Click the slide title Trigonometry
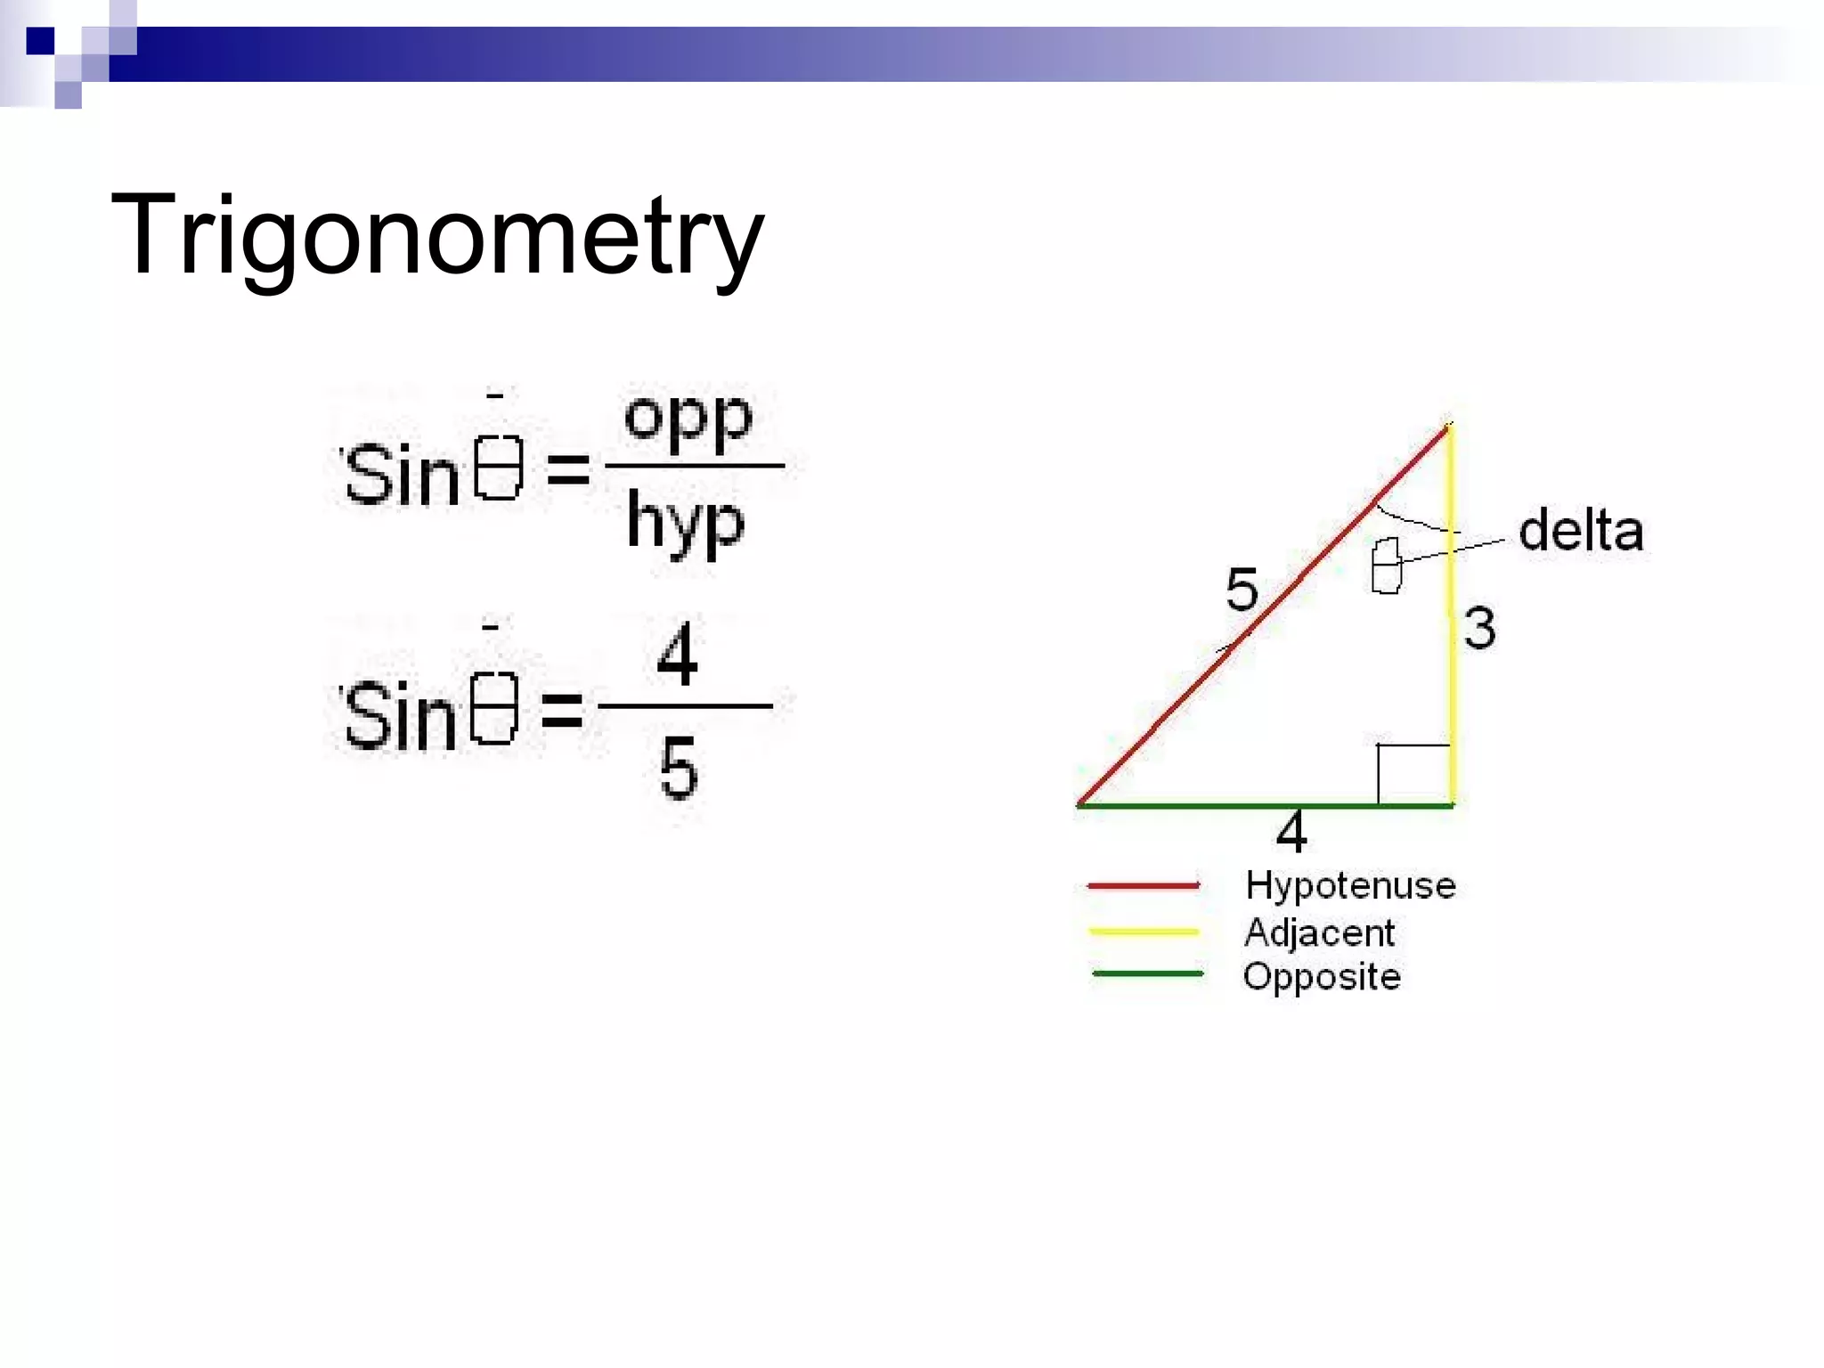point(436,236)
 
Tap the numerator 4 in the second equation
point(677,655)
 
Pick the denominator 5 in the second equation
point(679,768)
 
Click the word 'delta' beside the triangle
point(1581,532)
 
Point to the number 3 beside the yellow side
point(1480,628)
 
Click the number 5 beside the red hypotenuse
point(1242,590)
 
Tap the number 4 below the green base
point(1291,833)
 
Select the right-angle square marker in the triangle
point(1413,773)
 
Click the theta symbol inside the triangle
point(1386,566)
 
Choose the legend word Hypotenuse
point(1350,885)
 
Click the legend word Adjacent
point(1319,932)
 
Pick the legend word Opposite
point(1322,977)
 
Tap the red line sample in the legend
point(1144,885)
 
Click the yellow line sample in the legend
point(1144,932)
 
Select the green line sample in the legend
point(1147,973)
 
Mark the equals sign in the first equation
point(567,469)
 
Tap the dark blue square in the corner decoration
point(40,41)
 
